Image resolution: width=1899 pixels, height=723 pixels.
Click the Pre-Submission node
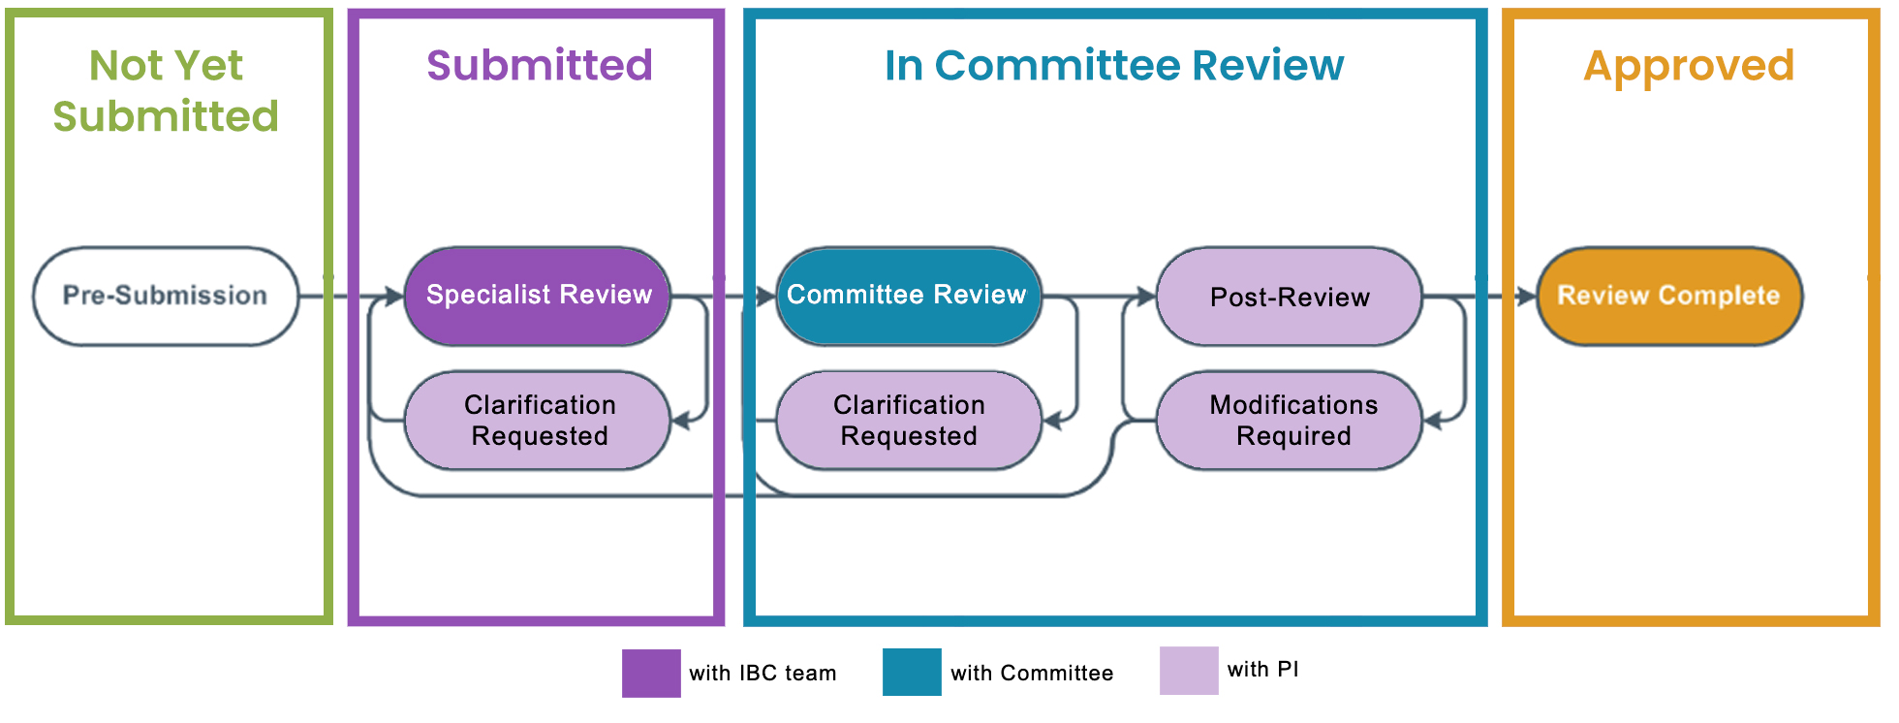pos(165,296)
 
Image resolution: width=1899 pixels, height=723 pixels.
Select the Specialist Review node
pos(539,296)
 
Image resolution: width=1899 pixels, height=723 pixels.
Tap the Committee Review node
pos(907,296)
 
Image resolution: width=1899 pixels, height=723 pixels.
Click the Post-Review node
pos(1290,297)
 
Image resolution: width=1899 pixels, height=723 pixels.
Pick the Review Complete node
pos(1668,296)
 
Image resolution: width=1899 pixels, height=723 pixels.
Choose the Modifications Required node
pos(1292,421)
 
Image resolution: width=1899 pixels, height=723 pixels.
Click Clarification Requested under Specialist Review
pos(539,421)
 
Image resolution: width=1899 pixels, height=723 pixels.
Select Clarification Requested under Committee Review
pos(908,421)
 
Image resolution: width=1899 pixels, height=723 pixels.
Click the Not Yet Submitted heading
pos(166,90)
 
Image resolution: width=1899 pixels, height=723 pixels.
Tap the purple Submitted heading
pos(540,65)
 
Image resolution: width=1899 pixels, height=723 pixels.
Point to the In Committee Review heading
pos(1114,65)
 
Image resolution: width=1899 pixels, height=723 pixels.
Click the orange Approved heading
pos(1689,65)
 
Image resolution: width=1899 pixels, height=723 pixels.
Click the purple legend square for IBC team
pos(651,673)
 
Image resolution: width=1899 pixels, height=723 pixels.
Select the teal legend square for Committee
pos(912,672)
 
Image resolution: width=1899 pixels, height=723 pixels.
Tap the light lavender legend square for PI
pos(1189,671)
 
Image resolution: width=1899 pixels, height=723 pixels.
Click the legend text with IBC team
pos(763,673)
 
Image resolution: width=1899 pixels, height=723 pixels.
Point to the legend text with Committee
pos(1032,673)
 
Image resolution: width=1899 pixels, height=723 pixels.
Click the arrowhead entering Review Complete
pos(1527,296)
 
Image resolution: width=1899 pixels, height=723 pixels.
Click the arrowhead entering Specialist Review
pos(394,296)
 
